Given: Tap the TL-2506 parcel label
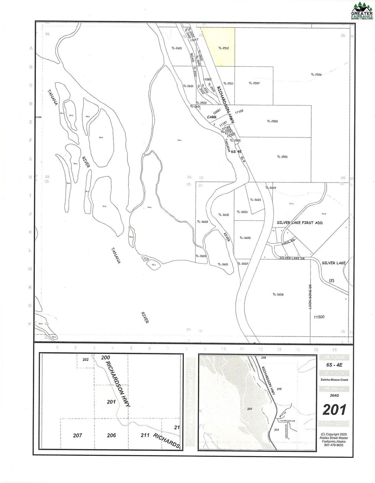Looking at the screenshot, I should click(316, 74).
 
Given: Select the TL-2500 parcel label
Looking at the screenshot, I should click(272, 121).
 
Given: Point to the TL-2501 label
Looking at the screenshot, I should click(282, 157).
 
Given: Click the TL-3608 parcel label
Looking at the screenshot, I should click(278, 294).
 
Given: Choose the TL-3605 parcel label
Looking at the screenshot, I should click(245, 237).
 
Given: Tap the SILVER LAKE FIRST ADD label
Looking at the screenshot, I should click(300, 223).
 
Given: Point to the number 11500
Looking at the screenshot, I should click(319, 317).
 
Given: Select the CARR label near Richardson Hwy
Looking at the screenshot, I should click(212, 117).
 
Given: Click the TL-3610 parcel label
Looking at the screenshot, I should click(223, 215).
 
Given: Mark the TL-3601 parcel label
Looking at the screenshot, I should click(223, 264).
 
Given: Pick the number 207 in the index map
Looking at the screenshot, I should click(78, 435).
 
